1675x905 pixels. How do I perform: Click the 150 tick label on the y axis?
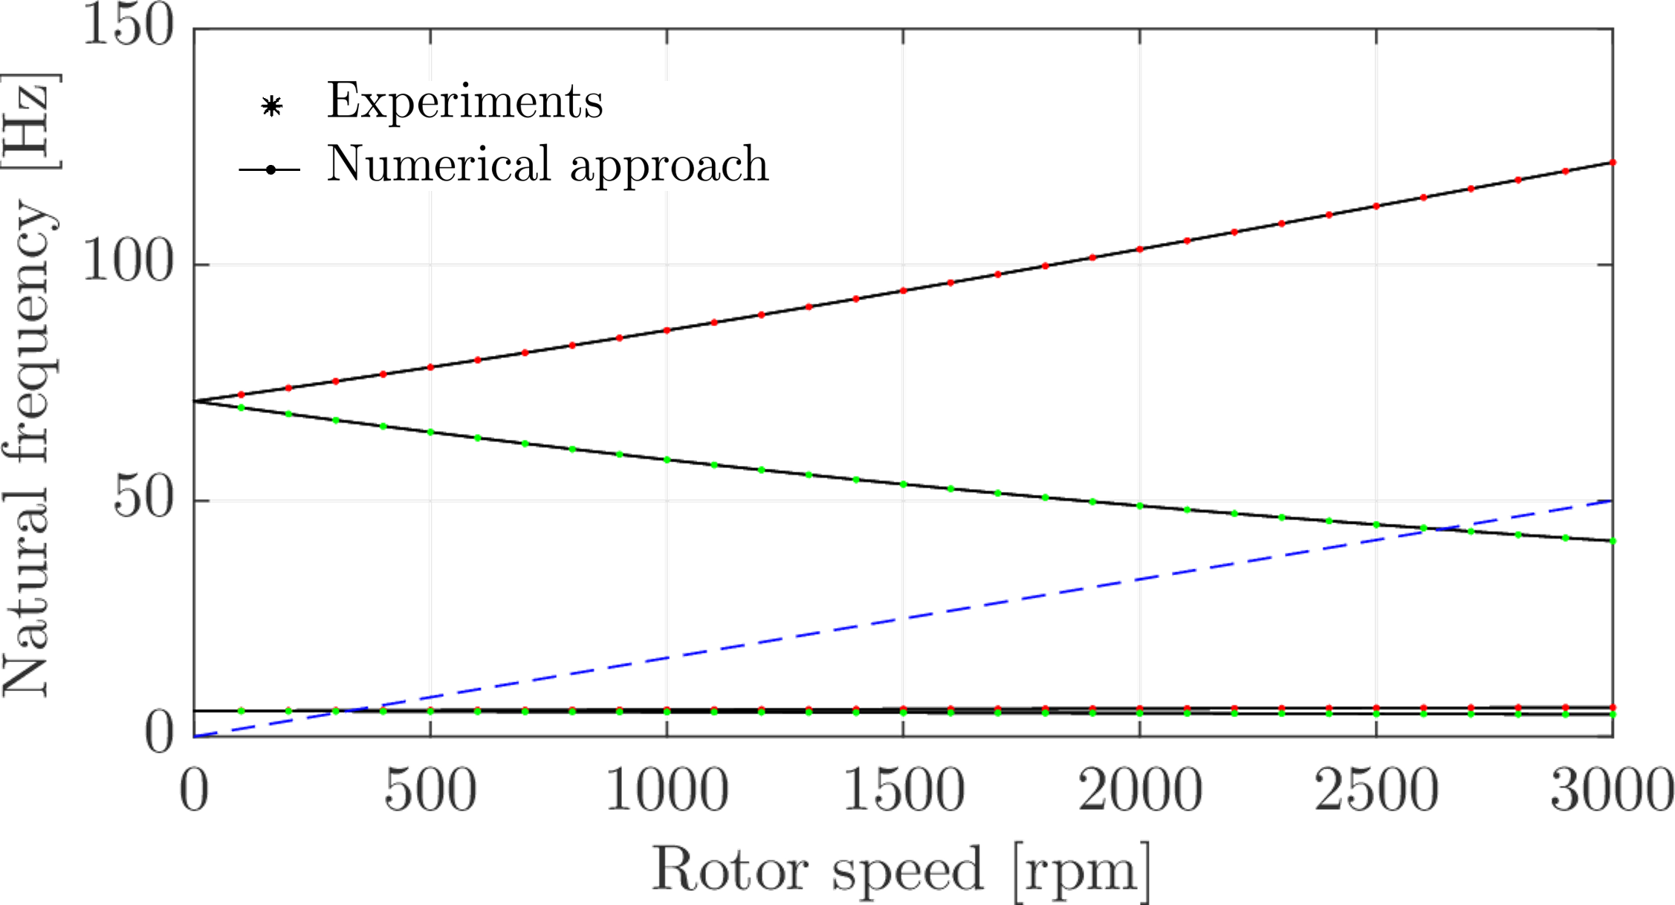(129, 27)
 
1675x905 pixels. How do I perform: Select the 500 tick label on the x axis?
(430, 791)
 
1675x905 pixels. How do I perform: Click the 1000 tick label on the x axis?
(667, 791)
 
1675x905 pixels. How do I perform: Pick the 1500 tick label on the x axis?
(904, 791)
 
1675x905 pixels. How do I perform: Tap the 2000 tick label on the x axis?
(1140, 791)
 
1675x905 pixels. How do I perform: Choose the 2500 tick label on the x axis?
(1376, 791)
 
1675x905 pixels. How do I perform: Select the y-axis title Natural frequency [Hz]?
(30, 385)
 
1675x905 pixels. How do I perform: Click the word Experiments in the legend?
(465, 102)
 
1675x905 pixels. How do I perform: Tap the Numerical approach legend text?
(548, 165)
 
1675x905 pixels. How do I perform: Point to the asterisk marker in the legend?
(272, 106)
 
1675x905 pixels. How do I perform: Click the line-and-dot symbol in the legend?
(270, 170)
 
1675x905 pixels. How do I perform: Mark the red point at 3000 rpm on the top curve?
(1613, 162)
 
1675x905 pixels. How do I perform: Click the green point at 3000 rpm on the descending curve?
(1613, 541)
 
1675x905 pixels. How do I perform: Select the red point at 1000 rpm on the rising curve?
(667, 330)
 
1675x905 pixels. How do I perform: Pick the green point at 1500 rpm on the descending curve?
(904, 484)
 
